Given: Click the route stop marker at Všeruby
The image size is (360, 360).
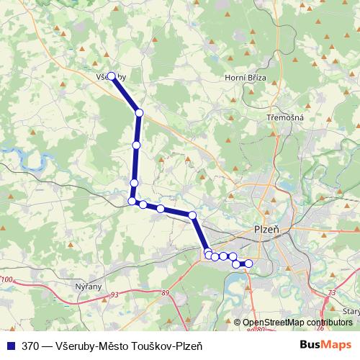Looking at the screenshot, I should (x=112, y=76).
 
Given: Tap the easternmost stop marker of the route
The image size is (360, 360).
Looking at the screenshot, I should (x=249, y=264).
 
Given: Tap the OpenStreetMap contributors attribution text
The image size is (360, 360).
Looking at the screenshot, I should (x=297, y=322).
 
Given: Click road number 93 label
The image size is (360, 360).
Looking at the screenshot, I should (x=115, y=294).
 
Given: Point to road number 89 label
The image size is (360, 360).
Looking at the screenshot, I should (x=166, y=292).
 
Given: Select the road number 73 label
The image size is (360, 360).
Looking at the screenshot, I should (x=331, y=292).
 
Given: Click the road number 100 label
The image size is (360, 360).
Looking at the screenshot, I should (x=8, y=279).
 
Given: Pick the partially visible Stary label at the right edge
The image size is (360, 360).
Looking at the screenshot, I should (x=351, y=311).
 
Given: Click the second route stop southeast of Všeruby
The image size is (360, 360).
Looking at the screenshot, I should (x=136, y=145).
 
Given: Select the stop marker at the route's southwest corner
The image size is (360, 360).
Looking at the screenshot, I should (x=132, y=201).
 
